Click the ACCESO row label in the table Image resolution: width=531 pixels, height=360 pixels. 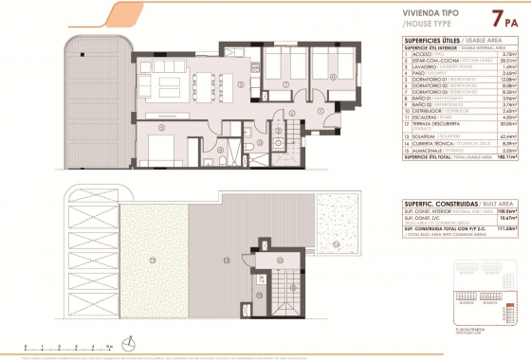click(x=414, y=54)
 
